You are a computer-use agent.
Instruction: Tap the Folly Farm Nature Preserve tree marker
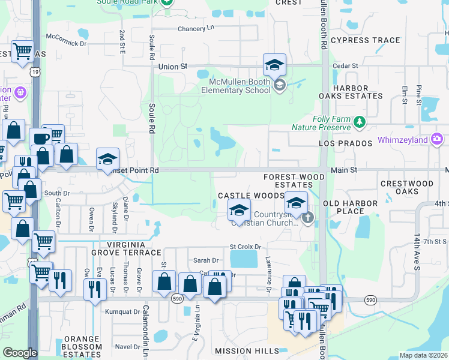coord(360,122)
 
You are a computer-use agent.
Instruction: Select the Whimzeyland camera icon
coord(436,140)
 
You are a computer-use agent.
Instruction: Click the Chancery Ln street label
coord(196,29)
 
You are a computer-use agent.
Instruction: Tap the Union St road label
coord(173,67)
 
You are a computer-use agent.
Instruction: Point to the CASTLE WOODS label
coord(250,196)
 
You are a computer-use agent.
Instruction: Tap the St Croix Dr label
coord(246,247)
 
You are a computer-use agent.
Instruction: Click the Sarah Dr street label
coord(205,260)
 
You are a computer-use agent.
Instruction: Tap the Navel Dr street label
coord(127,346)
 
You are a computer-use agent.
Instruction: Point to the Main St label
coord(344,170)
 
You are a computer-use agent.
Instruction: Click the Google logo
coord(20,353)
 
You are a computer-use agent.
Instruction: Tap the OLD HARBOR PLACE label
coord(351,207)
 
